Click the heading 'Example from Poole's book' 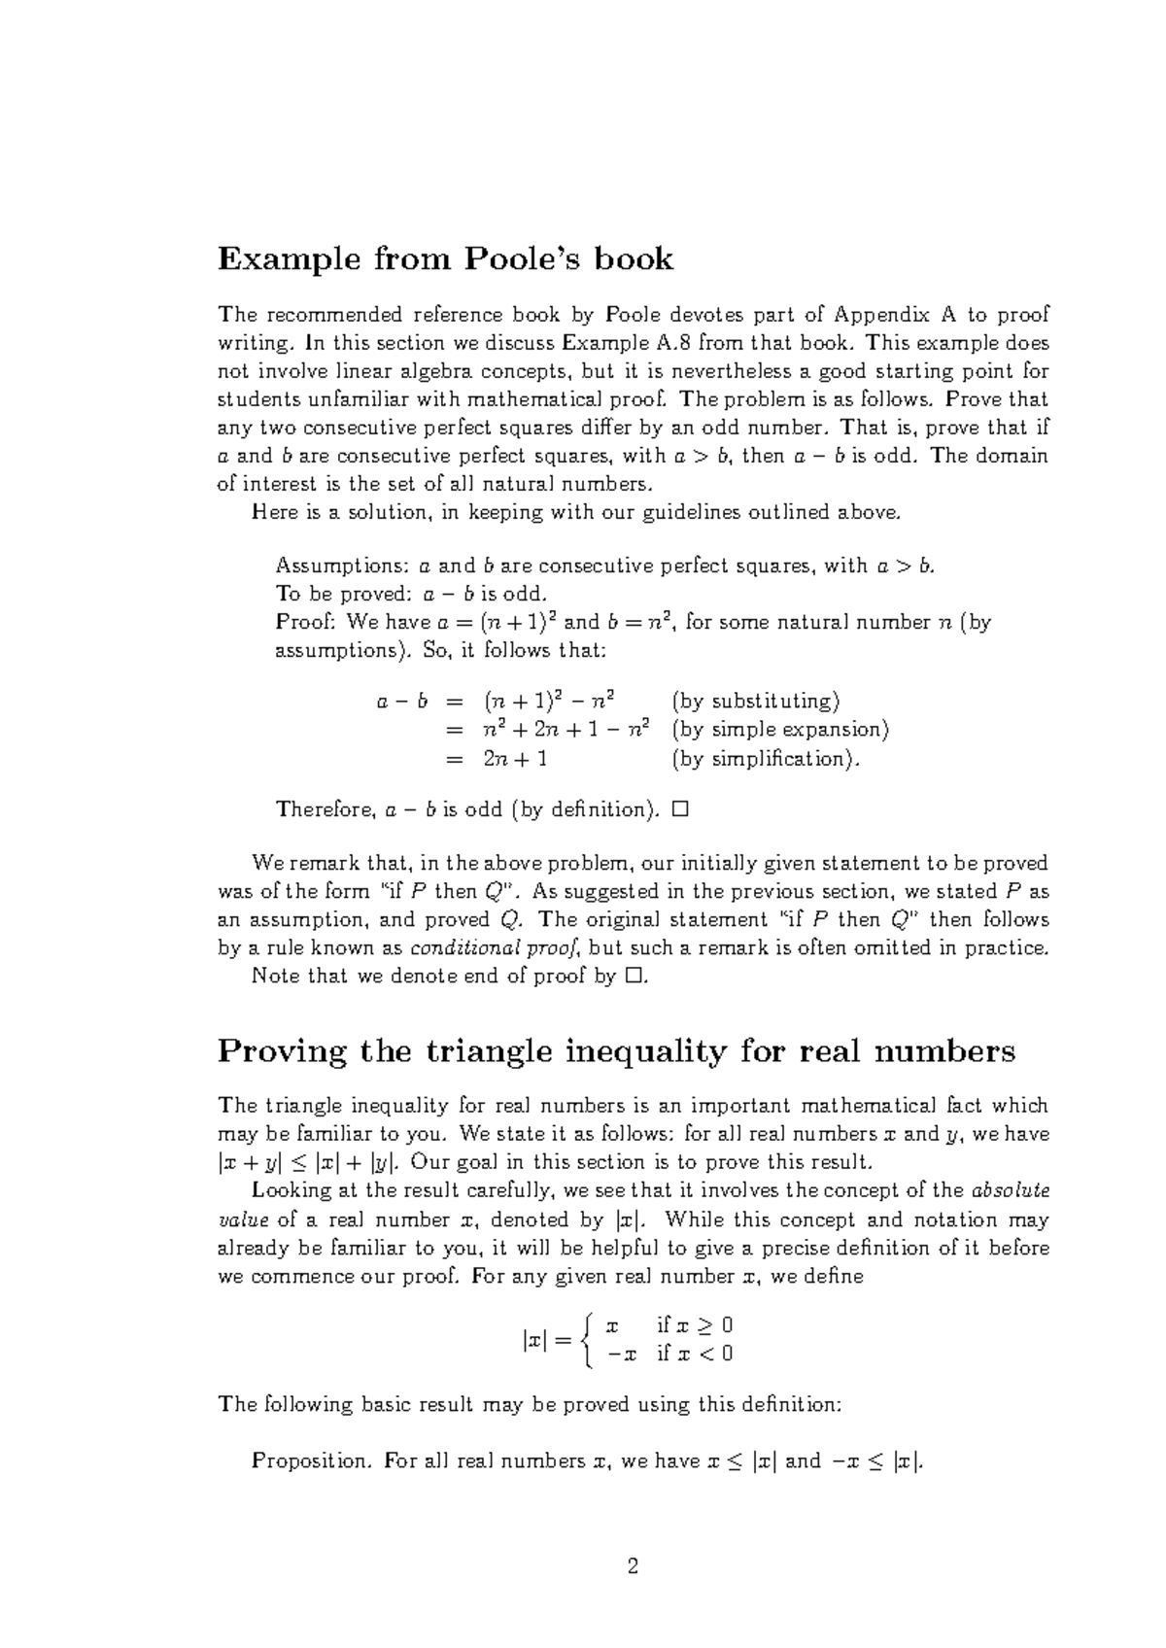tap(445, 258)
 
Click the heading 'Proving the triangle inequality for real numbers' tap(616, 1050)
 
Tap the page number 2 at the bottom tap(634, 1565)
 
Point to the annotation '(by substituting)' tap(756, 701)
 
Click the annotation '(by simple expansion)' tap(780, 729)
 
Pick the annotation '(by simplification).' tap(766, 758)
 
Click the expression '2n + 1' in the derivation tap(515, 758)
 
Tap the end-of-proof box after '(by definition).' tap(679, 808)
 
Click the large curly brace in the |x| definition tap(585, 1340)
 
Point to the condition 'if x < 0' tap(695, 1354)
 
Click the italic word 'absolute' tap(1011, 1190)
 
